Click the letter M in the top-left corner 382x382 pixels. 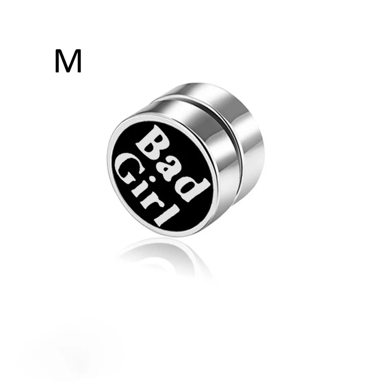tap(68, 62)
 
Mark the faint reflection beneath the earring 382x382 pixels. tap(163, 255)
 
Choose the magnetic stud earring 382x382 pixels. tap(186, 158)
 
